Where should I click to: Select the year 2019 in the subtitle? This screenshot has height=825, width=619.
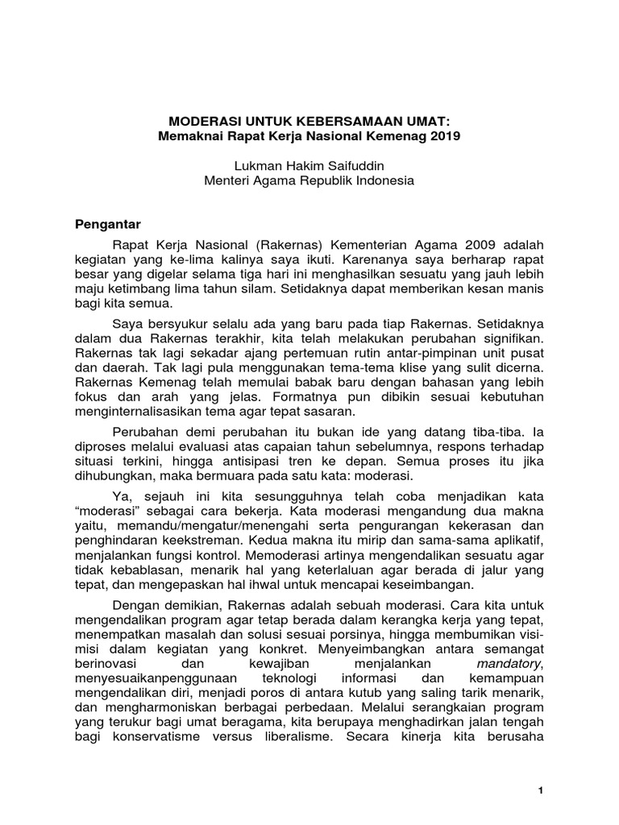pyautogui.click(x=442, y=136)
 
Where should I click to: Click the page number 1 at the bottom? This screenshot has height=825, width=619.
pyautogui.click(x=542, y=793)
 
